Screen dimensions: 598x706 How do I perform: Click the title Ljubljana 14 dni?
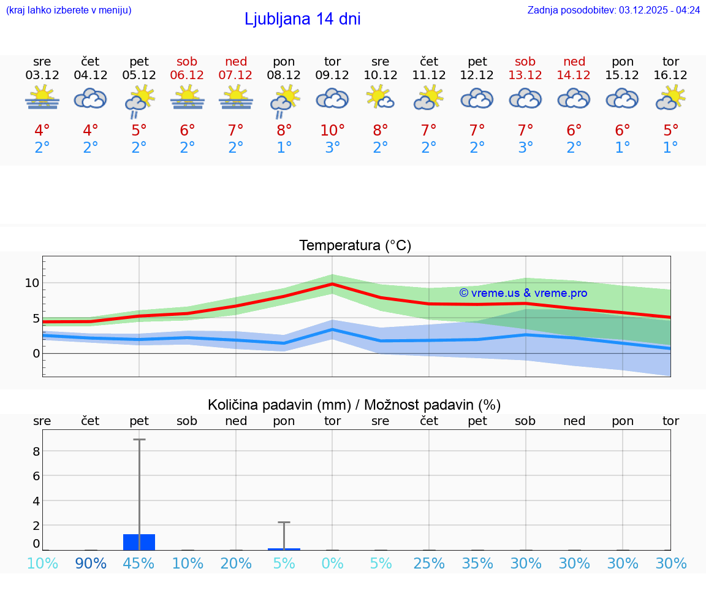point(302,19)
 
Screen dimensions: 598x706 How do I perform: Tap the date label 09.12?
point(332,75)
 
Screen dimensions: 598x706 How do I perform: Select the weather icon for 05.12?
point(139,100)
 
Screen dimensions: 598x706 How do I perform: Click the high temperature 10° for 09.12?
point(332,131)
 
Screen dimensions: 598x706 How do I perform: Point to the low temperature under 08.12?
point(284,148)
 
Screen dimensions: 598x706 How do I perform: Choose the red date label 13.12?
point(525,75)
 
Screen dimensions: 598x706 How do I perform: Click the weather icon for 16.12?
point(670,98)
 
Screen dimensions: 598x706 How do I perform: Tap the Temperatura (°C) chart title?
point(355,246)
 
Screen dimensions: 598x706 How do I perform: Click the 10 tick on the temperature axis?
point(32,283)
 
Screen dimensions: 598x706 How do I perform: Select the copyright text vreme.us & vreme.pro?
point(523,293)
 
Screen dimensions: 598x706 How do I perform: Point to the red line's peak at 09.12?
point(332,284)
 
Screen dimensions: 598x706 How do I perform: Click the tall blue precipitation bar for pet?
point(139,542)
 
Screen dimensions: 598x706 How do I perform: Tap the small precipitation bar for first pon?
point(284,549)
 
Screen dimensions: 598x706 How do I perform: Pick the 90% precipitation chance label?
point(91,564)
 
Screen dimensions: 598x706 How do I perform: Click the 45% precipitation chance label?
point(139,564)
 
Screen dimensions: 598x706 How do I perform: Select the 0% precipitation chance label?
point(332,564)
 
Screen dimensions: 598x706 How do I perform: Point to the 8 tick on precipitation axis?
point(36,451)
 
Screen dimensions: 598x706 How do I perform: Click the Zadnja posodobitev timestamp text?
point(613,10)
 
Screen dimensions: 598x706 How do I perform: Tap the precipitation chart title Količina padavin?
point(354,405)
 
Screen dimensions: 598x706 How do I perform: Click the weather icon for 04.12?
point(91,98)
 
